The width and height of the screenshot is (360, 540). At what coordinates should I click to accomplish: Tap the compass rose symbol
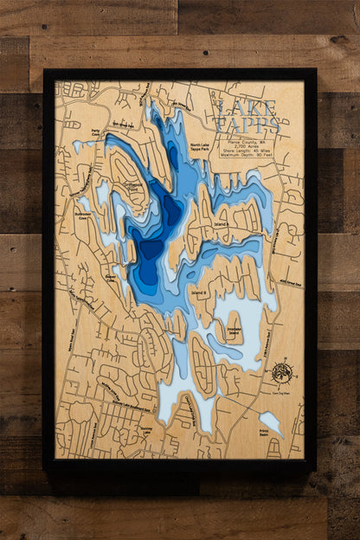[x=280, y=372]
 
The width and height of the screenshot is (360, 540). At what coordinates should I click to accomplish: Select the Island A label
[x=222, y=223]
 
